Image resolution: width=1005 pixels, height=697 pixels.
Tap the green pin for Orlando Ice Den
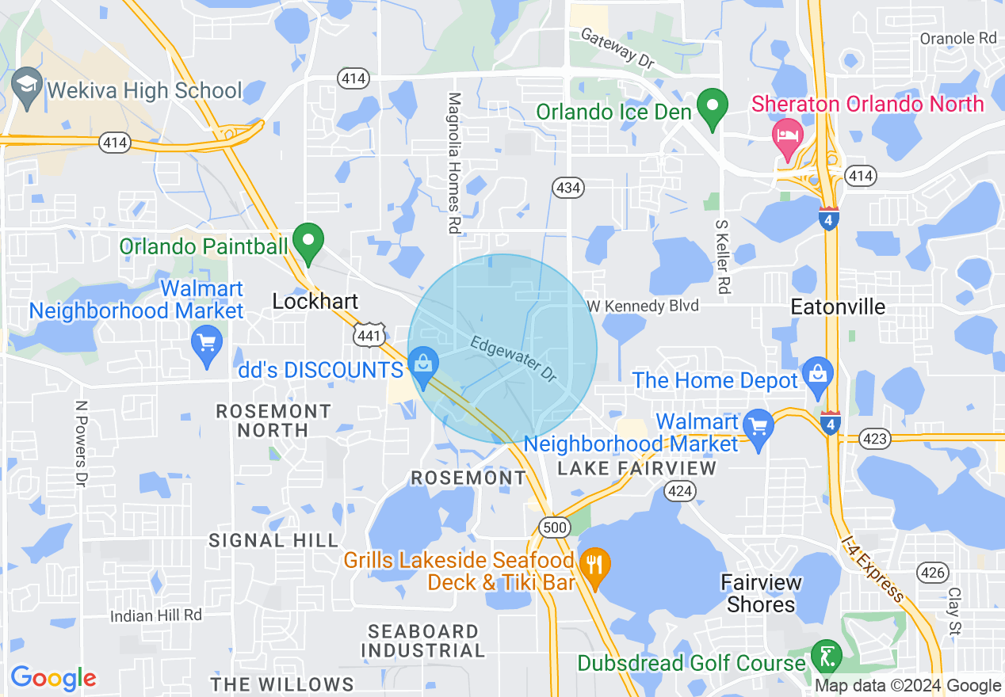[x=713, y=109]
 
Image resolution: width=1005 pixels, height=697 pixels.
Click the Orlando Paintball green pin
[x=308, y=242]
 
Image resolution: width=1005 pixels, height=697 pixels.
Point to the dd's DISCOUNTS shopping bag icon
[x=423, y=366]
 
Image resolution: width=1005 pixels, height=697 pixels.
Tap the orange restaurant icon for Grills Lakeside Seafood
[x=594, y=566]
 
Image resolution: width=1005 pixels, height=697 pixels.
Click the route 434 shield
[x=567, y=188]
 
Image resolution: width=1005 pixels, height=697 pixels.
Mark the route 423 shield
[x=877, y=437]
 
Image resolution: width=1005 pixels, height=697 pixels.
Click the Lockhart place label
[x=315, y=301]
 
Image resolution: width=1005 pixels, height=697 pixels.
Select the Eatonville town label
[x=839, y=307]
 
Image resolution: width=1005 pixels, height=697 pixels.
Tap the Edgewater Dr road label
[x=512, y=358]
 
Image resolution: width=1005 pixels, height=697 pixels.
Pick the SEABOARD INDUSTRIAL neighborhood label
[x=423, y=641]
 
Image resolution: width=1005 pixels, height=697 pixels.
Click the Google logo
[x=53, y=678]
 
